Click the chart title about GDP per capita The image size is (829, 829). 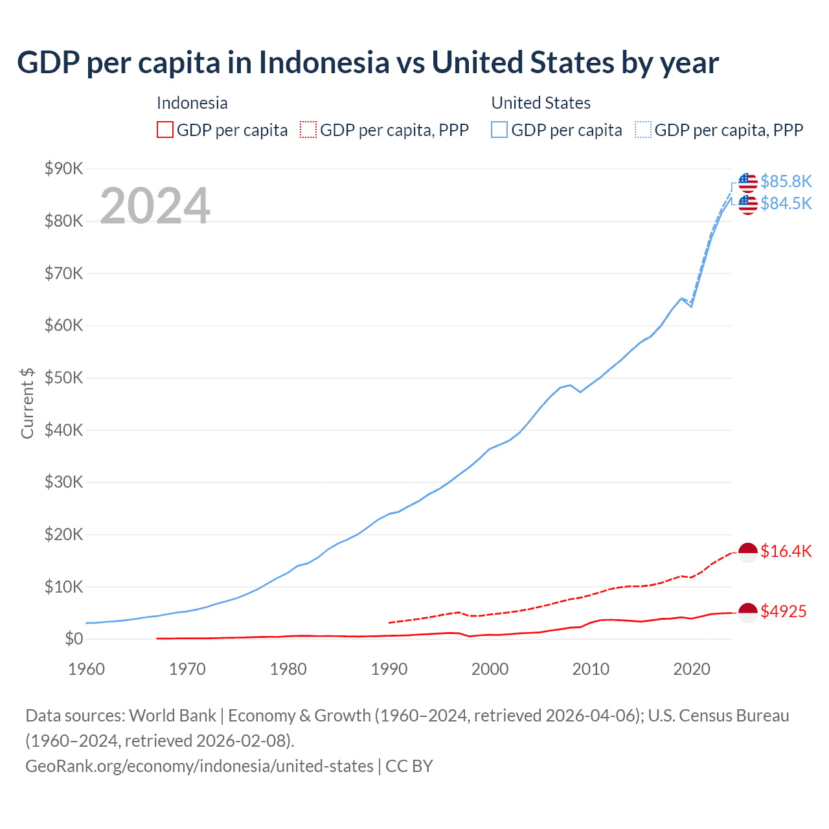pyautogui.click(x=368, y=63)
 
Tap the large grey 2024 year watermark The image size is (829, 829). pyautogui.click(x=155, y=206)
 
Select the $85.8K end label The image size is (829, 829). pyautogui.click(x=786, y=181)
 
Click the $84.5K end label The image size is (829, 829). pyautogui.click(x=786, y=203)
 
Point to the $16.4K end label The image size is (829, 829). pyautogui.click(x=786, y=551)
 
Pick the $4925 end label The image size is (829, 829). pyautogui.click(x=783, y=611)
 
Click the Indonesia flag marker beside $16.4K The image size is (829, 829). pyautogui.click(x=748, y=552)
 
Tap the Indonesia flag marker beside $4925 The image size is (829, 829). pyautogui.click(x=748, y=612)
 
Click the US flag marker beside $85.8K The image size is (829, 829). pyautogui.click(x=748, y=182)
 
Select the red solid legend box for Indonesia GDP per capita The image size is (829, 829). pyautogui.click(x=165, y=130)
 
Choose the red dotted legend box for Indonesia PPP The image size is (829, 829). pyautogui.click(x=308, y=130)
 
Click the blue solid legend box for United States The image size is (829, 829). pyautogui.click(x=499, y=130)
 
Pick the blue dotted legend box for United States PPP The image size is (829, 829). pyautogui.click(x=643, y=130)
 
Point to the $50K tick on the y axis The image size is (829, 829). pyautogui.click(x=63, y=378)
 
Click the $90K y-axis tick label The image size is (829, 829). pyautogui.click(x=63, y=169)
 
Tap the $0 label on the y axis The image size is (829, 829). pyautogui.click(x=74, y=639)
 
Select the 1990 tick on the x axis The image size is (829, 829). pyautogui.click(x=389, y=669)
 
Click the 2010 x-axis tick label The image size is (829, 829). pyautogui.click(x=591, y=669)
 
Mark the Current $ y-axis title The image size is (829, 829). pyautogui.click(x=27, y=403)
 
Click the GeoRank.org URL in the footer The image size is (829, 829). pyautogui.click(x=199, y=766)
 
